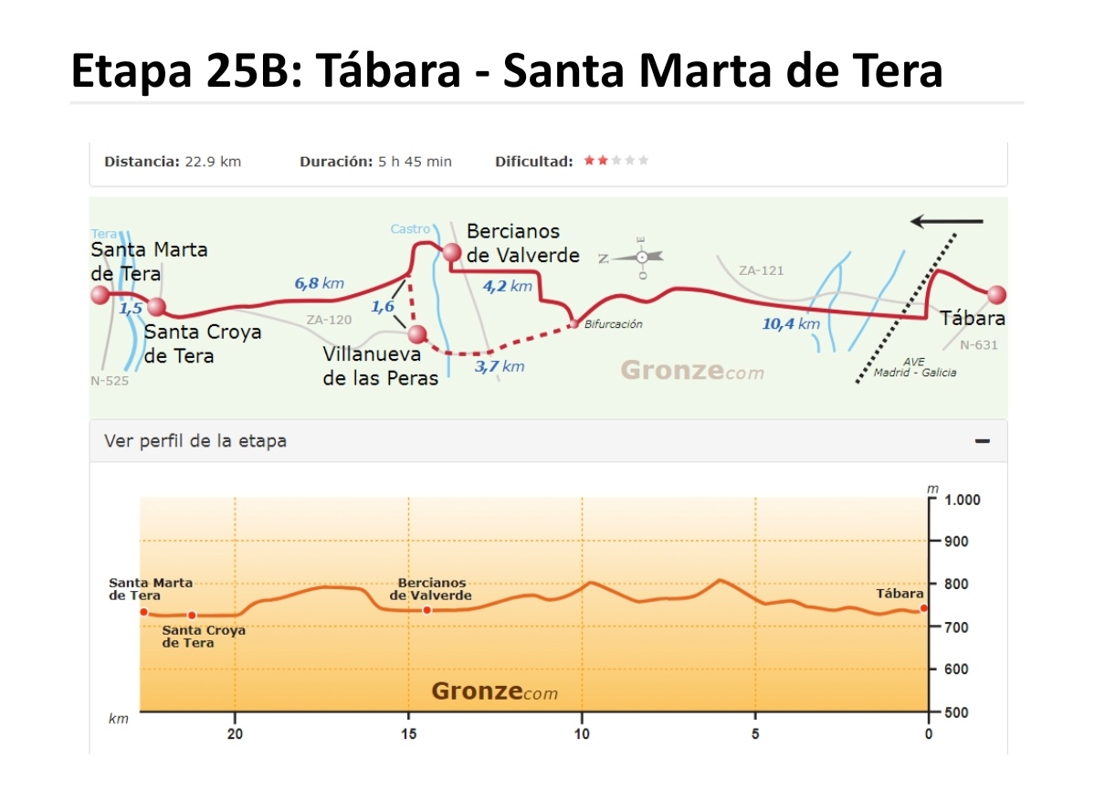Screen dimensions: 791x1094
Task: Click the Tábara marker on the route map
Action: coord(996,295)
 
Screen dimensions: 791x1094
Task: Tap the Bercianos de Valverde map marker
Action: coord(450,253)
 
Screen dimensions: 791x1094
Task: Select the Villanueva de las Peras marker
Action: coord(417,334)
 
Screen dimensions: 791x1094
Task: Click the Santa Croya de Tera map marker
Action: coord(157,307)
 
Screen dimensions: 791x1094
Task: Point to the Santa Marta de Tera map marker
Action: coord(100,295)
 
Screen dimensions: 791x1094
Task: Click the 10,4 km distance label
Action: coord(791,323)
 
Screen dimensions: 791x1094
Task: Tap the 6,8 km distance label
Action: coord(320,284)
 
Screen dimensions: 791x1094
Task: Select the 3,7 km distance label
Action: coord(500,366)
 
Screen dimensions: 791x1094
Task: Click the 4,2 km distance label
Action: coord(507,286)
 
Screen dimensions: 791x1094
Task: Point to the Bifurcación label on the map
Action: coord(613,324)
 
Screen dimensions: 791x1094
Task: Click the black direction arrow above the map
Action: coord(947,221)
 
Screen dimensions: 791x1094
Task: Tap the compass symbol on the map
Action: coord(641,258)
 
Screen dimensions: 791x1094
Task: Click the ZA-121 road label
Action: coord(761,270)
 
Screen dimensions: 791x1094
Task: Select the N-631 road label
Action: coord(979,345)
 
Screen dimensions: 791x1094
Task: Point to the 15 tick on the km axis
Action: coord(408,733)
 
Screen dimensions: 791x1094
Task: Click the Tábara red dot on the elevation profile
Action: coord(923,608)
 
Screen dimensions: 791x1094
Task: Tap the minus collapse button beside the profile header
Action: coord(983,441)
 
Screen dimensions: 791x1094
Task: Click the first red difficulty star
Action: coord(590,161)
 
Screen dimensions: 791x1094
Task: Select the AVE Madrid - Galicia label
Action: coord(914,367)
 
